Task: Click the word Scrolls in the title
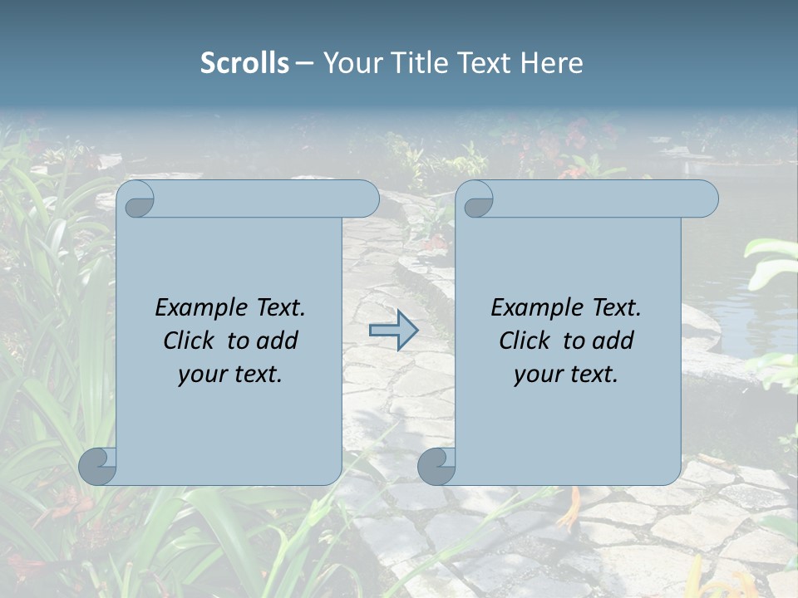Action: point(244,63)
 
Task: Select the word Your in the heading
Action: point(351,63)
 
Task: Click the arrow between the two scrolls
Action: point(393,330)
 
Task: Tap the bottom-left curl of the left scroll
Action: point(97,466)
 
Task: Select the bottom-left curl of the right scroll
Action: point(436,466)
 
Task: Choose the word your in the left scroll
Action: point(201,375)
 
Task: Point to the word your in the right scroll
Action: point(537,375)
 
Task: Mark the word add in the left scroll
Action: point(278,341)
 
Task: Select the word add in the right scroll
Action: point(614,341)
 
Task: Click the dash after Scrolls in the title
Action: point(304,63)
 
